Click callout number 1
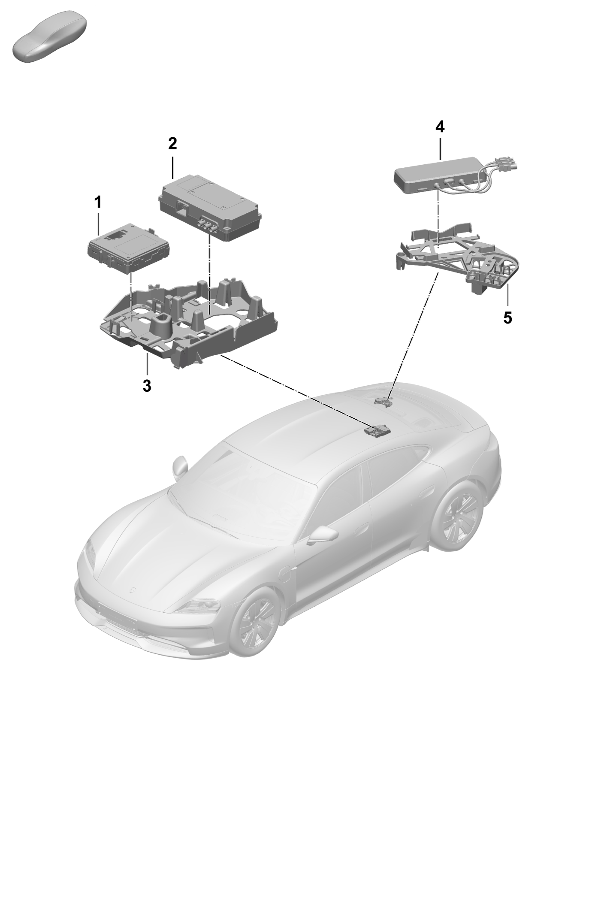coord(98,202)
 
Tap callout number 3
coord(147,386)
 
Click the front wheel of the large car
coord(254,624)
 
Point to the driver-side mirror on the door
coord(322,534)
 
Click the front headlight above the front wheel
coord(202,607)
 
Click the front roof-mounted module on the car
coord(377,431)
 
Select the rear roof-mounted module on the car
coord(384,402)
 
